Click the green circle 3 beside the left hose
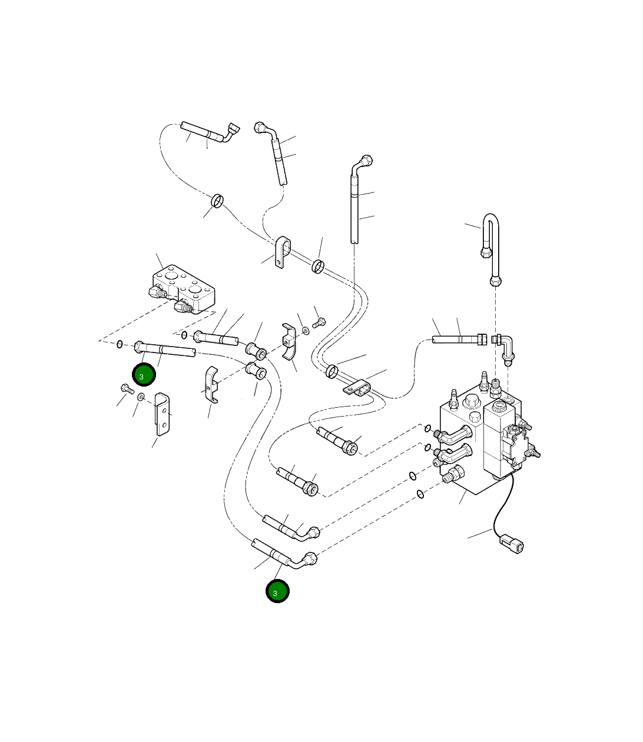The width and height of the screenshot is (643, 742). pos(144,374)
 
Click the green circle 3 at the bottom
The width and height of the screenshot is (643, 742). pos(277,591)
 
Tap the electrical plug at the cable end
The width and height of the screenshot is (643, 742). pos(512,545)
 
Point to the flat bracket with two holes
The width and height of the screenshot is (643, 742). pos(162,414)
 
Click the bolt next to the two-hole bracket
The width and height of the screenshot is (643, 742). pos(127,388)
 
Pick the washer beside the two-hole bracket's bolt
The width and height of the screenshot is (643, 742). pos(141,397)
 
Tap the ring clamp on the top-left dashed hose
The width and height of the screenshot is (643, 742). pos(217,201)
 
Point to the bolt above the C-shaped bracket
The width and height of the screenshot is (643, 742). pos(319,322)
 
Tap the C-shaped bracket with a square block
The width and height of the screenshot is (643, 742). pos(289,341)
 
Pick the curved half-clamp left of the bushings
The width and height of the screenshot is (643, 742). pos(211,384)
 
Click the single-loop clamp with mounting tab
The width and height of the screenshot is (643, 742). pos(283,252)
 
